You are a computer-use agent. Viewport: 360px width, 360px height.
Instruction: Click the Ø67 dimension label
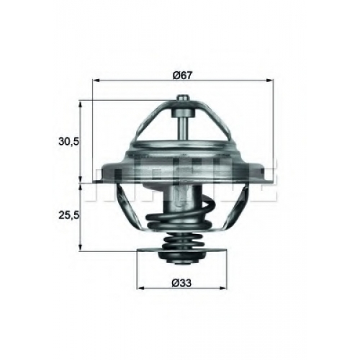coord(183,76)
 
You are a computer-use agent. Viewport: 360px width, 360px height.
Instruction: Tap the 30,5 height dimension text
coord(68,141)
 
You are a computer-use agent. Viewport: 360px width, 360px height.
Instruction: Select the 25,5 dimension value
coord(68,215)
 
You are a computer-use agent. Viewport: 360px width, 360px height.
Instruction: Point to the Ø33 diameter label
coord(181,283)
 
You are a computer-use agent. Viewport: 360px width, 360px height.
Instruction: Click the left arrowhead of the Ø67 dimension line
coord(96,81)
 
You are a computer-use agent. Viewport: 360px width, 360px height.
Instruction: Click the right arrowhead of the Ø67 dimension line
coord(270,81)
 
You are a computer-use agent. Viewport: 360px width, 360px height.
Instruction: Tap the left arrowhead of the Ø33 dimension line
coord(140,288)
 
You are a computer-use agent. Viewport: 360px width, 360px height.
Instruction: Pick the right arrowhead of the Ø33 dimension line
coord(223,288)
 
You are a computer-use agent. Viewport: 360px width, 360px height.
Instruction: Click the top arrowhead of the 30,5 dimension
coord(81,104)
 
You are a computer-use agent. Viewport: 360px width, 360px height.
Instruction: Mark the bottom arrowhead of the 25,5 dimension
coord(81,248)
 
